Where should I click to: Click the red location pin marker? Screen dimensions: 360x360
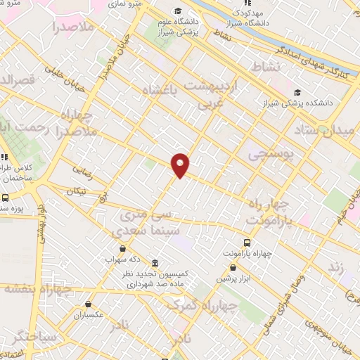181,165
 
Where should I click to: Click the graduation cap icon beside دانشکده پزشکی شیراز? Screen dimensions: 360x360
297,92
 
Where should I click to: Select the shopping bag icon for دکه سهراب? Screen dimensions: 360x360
124,248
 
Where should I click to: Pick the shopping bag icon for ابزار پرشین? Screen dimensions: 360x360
233,267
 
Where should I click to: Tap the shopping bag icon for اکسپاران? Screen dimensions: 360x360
89,304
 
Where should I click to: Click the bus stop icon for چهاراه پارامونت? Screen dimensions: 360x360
246,239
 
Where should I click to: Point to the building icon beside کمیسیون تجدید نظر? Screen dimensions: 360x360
155,262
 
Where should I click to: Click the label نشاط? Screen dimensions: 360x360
266,65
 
